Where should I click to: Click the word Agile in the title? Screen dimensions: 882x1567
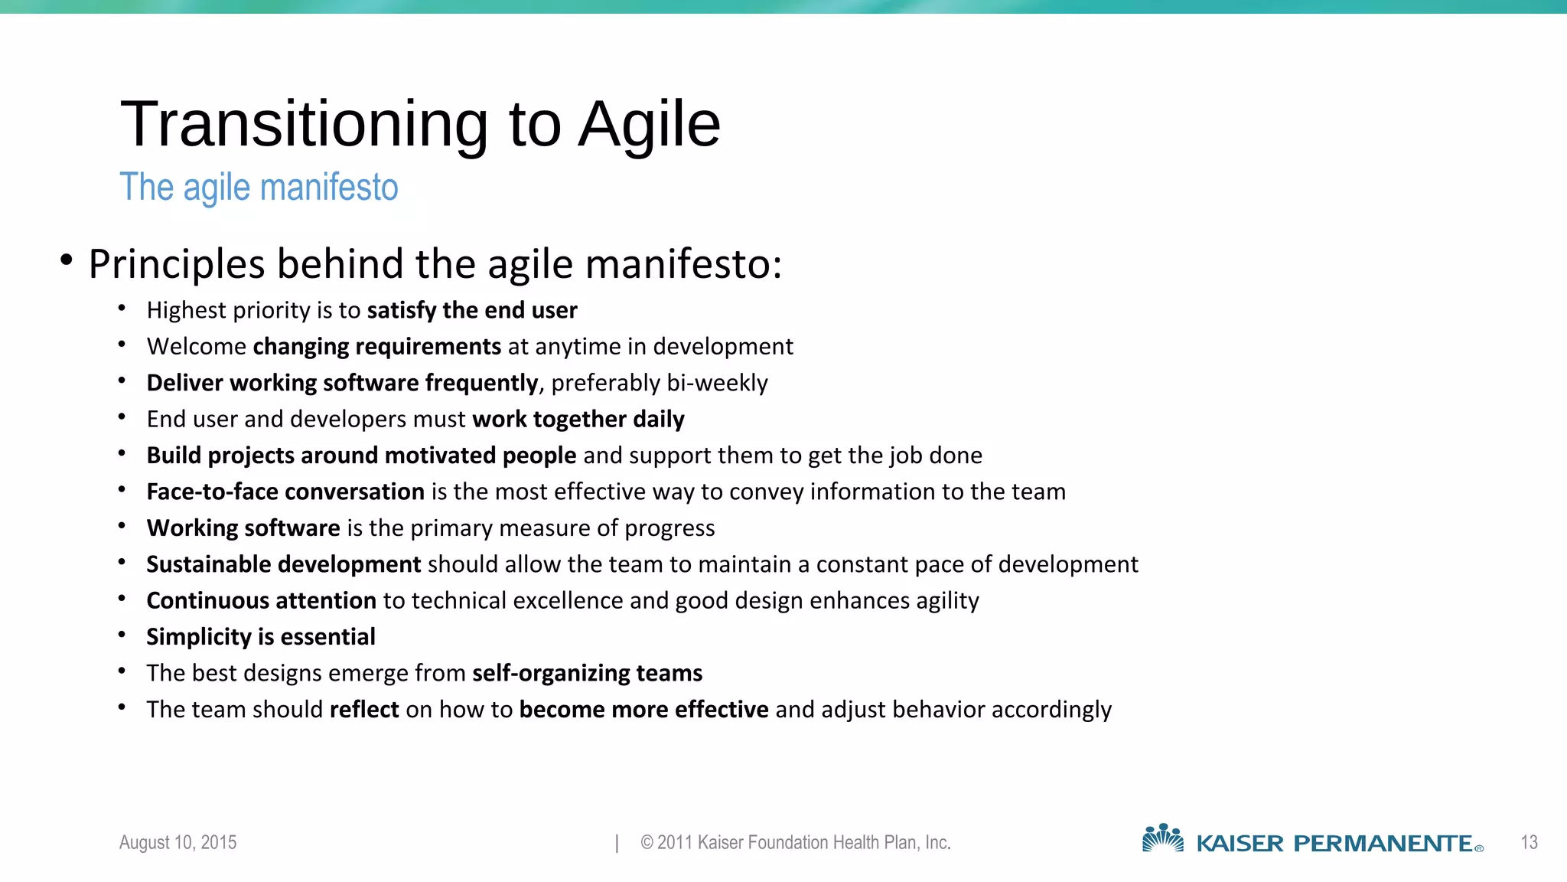pyautogui.click(x=649, y=124)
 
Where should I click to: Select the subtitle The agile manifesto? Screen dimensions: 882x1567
pyautogui.click(x=259, y=188)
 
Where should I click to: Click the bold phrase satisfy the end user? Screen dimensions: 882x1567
pyautogui.click(x=471, y=310)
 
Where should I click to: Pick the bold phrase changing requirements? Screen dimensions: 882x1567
pyautogui.click(x=376, y=347)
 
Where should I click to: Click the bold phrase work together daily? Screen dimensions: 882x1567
pyautogui.click(x=578, y=420)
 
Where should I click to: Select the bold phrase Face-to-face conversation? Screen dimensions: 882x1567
pyautogui.click(x=285, y=492)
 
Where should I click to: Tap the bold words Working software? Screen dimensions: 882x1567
pyautogui.click(x=243, y=528)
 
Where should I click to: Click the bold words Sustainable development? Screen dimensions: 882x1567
pyautogui.click(x=283, y=564)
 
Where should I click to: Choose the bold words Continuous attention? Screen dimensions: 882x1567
pyautogui.click(x=261, y=601)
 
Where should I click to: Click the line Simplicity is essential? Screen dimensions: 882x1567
pyautogui.click(x=261, y=637)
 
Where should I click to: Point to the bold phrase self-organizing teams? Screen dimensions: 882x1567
pyautogui.click(x=587, y=673)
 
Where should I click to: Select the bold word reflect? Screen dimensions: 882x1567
pyautogui.click(x=364, y=710)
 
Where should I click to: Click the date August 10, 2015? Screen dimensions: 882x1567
pyautogui.click(x=178, y=842)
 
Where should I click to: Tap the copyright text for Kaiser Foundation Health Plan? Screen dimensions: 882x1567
pyautogui.click(x=796, y=842)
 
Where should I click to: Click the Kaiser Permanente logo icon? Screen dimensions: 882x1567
pyautogui.click(x=1162, y=838)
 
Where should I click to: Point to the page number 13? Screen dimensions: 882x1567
pyautogui.click(x=1529, y=842)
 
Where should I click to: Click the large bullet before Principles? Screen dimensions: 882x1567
pyautogui.click(x=67, y=260)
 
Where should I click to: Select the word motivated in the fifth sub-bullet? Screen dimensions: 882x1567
pyautogui.click(x=440, y=456)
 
